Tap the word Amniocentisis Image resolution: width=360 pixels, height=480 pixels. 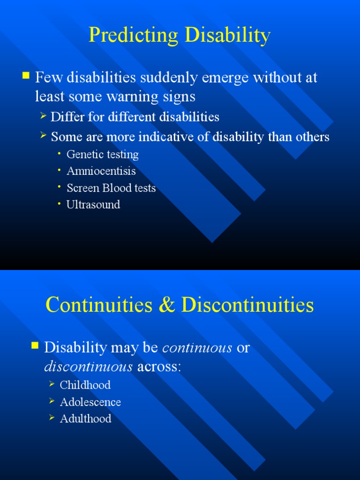click(101, 171)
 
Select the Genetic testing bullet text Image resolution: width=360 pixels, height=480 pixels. click(103, 154)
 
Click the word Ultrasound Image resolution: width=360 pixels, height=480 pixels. click(93, 204)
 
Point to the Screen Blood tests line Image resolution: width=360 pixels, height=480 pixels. click(111, 188)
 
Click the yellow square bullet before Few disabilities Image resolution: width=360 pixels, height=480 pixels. click(26, 75)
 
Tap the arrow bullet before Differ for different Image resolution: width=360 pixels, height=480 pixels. click(43, 115)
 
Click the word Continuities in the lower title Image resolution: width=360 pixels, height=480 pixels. click(99, 305)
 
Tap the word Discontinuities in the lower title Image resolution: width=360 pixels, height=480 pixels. click(247, 305)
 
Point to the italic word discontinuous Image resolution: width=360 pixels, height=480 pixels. click(88, 367)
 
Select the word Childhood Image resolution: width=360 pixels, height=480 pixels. click(85, 385)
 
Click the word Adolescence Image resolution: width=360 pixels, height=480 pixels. click(90, 402)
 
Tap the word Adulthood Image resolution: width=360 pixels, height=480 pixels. click(86, 419)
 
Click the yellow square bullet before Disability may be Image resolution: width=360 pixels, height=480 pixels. click(35, 346)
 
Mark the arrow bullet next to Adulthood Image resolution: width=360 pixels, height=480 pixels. click(52, 418)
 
